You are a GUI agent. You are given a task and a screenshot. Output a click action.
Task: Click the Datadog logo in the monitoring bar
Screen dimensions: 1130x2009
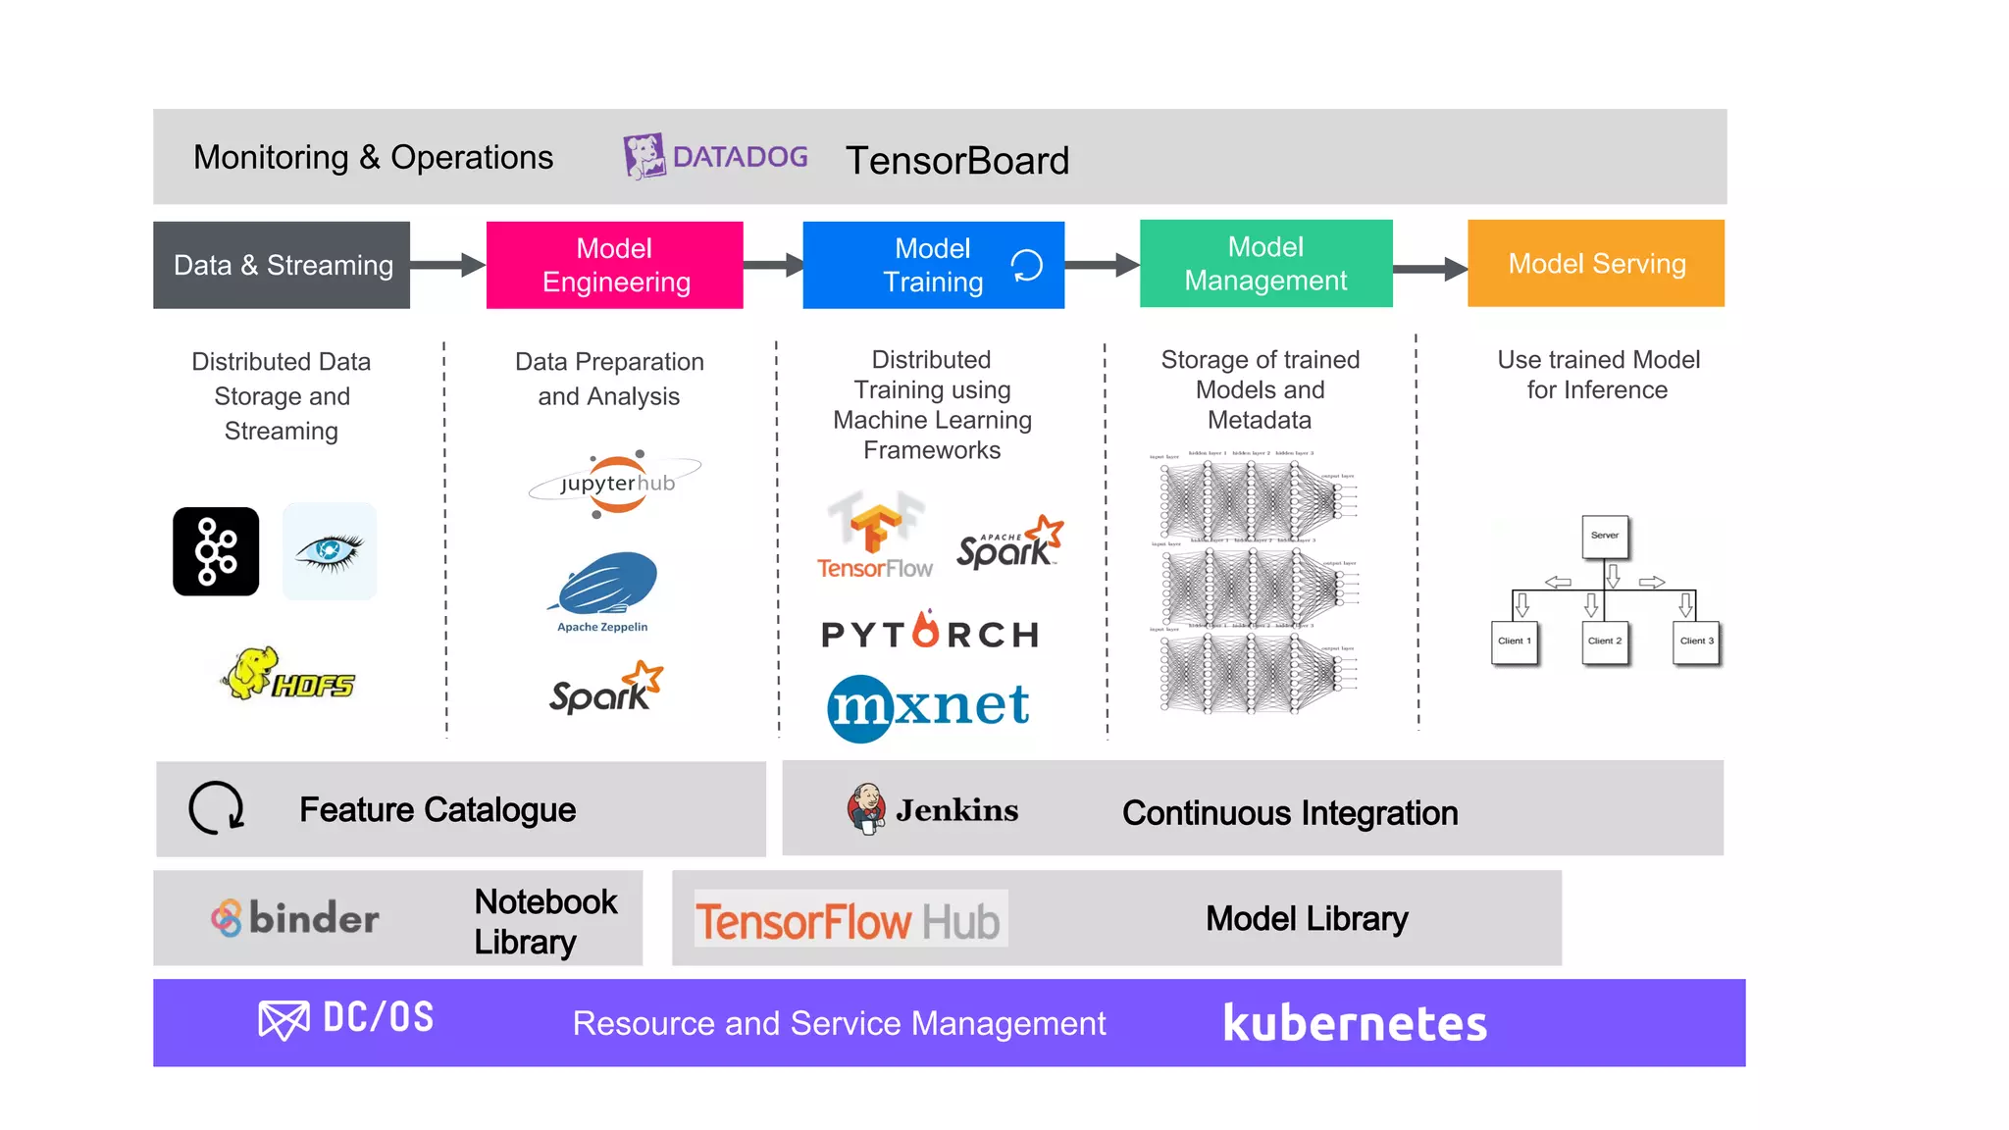[715, 157]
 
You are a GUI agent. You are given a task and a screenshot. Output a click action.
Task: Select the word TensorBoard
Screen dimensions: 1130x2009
[956, 161]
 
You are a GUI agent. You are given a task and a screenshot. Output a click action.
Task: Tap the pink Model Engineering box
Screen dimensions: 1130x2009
[614, 265]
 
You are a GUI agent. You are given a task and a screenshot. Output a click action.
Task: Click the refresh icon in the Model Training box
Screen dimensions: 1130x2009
[1026, 265]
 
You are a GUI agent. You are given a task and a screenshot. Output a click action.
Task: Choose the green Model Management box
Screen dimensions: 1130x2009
[1265, 264]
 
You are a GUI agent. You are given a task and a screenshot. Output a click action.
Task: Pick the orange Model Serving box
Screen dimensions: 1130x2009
[1596, 264]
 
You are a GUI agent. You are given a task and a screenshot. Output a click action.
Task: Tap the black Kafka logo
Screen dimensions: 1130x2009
[216, 551]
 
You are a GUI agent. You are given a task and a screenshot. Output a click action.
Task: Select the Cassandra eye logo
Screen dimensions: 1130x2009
[330, 551]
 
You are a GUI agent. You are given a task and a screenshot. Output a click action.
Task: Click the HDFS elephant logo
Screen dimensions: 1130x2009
[286, 675]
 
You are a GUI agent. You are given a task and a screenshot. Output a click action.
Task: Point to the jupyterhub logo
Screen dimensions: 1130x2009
[616, 484]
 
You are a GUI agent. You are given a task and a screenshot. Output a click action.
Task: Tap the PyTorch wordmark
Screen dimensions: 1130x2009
[929, 634]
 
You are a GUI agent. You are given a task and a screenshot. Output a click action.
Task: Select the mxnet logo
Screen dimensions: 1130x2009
[927, 706]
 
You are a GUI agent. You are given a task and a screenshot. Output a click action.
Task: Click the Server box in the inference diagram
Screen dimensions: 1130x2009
[1605, 537]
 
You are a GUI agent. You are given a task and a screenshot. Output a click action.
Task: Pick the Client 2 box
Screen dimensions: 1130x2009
[1605, 642]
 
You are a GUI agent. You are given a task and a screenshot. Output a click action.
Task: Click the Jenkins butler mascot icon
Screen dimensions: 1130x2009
[866, 808]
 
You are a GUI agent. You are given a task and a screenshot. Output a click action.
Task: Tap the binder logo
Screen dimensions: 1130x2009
[294, 918]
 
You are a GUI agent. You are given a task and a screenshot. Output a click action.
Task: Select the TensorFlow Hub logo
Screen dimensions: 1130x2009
[850, 920]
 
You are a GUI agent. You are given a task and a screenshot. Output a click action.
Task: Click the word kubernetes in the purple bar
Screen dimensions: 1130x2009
[1354, 1023]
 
